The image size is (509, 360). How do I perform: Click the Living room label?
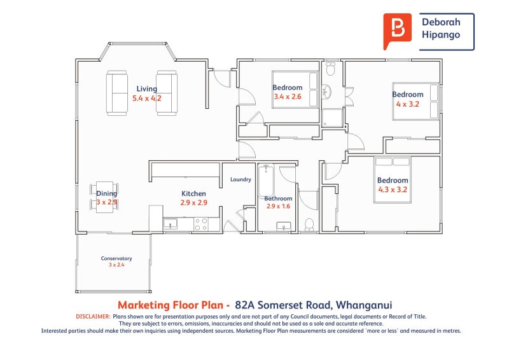146,89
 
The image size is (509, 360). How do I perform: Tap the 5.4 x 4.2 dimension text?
146,99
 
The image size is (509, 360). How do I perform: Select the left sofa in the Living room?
117,93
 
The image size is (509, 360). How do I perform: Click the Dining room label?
106,193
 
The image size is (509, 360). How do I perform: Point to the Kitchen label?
193,193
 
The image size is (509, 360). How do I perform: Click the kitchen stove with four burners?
201,224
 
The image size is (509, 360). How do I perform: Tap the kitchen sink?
171,224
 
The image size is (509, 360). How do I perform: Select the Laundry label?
241,179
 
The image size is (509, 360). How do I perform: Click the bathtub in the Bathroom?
267,181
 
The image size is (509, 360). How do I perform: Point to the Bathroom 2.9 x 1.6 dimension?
277,207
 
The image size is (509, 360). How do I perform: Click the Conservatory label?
116,258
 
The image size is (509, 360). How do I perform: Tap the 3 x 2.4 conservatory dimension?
116,265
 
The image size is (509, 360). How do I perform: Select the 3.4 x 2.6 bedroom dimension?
288,97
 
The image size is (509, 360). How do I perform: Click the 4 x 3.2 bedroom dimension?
407,104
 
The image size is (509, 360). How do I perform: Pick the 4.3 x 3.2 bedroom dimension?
392,189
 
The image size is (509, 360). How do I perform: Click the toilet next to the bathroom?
309,224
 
